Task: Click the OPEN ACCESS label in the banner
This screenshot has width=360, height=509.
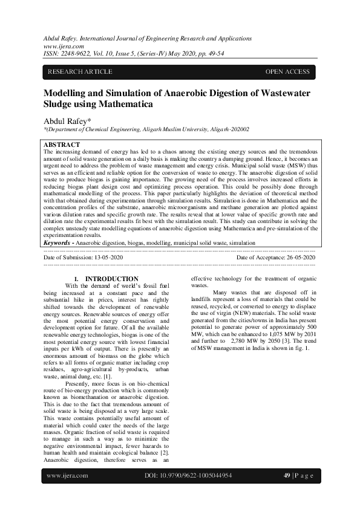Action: [x=287, y=72]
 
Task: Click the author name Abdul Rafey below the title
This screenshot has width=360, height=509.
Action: [x=66, y=120]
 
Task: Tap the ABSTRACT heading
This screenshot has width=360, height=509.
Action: [x=62, y=145]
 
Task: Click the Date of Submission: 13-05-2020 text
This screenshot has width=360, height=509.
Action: [x=83, y=258]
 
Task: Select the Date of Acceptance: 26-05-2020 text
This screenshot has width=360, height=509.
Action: [x=275, y=258]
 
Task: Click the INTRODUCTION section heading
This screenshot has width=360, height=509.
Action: [x=112, y=279]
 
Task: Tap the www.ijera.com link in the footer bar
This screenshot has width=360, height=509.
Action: [x=67, y=476]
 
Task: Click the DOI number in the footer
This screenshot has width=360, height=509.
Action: [x=189, y=476]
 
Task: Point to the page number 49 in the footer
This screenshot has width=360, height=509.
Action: [x=287, y=476]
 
